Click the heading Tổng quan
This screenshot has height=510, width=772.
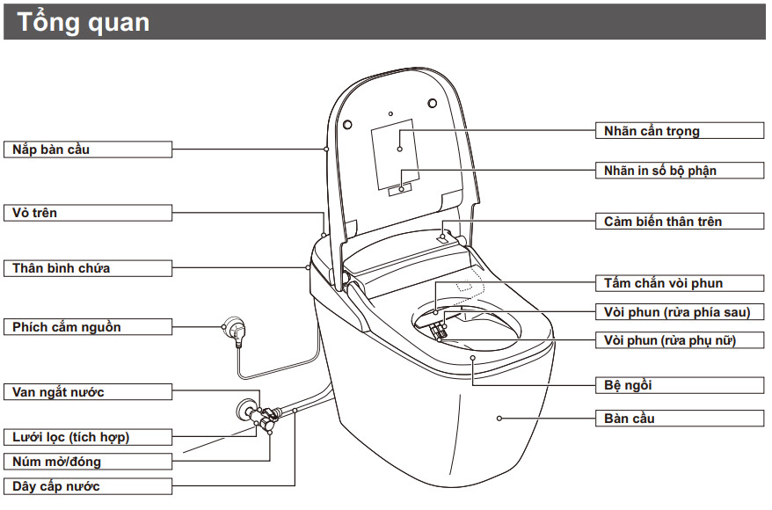(x=84, y=21)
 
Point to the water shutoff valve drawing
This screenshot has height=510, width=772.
(x=249, y=410)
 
